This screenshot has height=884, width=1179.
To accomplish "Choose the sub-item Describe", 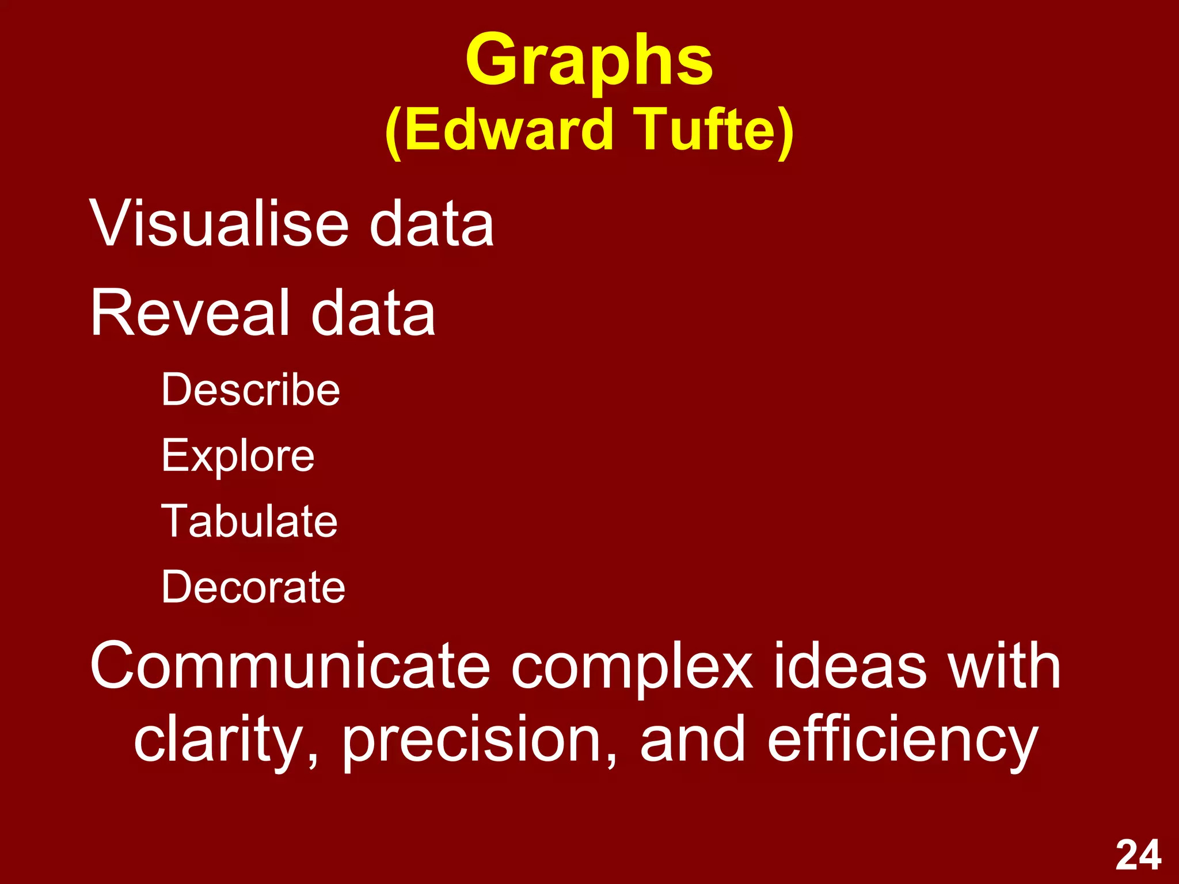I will pyautogui.click(x=250, y=390).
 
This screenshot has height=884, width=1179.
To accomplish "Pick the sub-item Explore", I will pyautogui.click(x=238, y=456).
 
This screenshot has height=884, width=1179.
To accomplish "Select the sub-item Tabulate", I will pyautogui.click(x=249, y=521).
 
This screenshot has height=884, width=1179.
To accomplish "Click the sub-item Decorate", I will pyautogui.click(x=253, y=587).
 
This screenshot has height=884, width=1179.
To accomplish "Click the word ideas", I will pyautogui.click(x=850, y=666).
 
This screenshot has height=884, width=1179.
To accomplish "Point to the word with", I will pyautogui.click(x=1005, y=666).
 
